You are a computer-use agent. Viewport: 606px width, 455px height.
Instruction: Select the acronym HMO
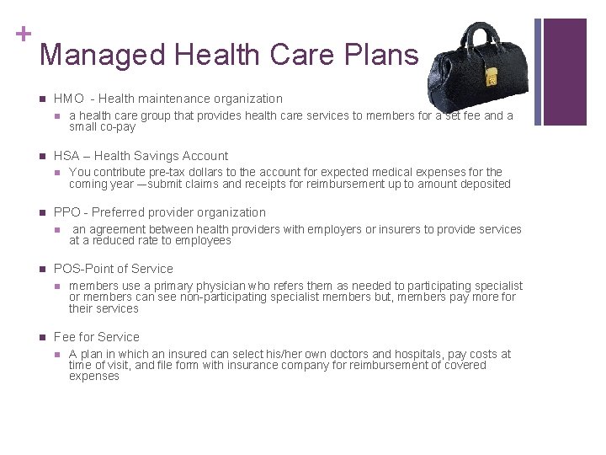pos(67,99)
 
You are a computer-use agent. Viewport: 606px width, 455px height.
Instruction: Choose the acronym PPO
pos(67,212)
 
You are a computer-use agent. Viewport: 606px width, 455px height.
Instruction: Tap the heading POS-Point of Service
pos(113,269)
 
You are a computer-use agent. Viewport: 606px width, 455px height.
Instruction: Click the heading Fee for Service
pos(96,336)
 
